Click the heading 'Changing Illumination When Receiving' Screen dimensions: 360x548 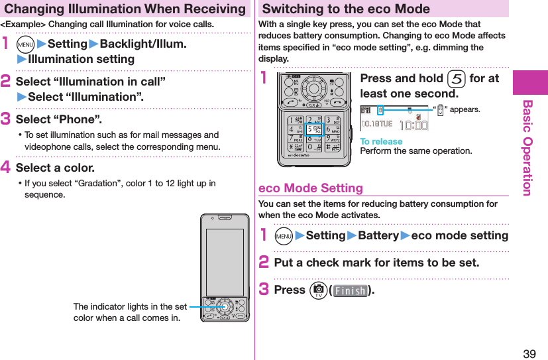tap(124, 9)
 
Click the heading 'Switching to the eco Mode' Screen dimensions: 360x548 tap(346, 9)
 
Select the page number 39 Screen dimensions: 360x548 tap(529, 353)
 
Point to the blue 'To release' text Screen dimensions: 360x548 tap(381, 141)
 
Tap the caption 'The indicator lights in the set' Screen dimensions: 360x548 tap(130, 306)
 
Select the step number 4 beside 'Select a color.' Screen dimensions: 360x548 tap(8, 168)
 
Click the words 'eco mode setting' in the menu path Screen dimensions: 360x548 tap(459, 236)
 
